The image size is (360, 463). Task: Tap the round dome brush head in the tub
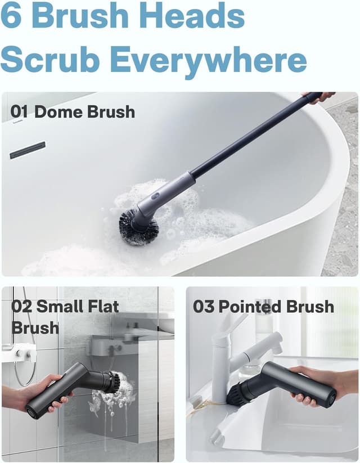click(x=138, y=227)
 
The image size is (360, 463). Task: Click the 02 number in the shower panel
click(x=22, y=307)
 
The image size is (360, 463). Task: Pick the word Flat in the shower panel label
click(x=103, y=307)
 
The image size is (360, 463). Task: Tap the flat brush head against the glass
click(x=107, y=381)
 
